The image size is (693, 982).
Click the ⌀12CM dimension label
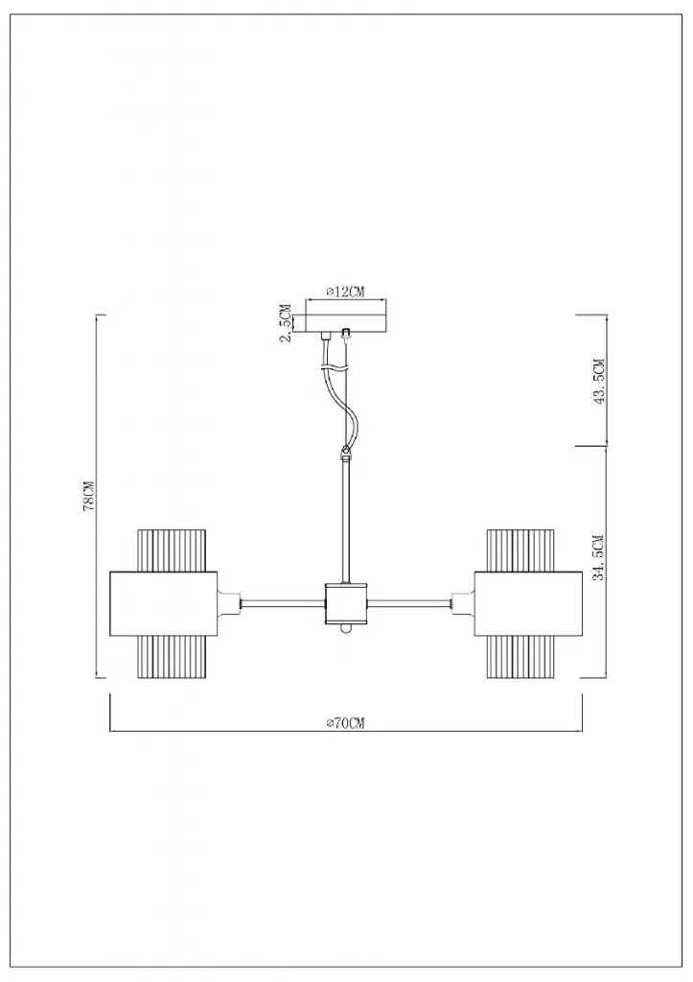(x=345, y=292)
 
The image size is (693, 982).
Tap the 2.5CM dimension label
(x=286, y=323)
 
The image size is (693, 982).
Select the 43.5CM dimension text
(x=599, y=382)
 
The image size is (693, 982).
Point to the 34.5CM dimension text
(x=599, y=557)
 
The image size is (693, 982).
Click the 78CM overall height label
(x=88, y=497)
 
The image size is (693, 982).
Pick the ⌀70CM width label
(x=345, y=723)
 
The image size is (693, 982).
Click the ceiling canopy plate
(x=346, y=316)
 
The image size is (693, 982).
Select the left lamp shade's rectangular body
(x=163, y=604)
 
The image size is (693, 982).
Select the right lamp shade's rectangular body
(x=528, y=604)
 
